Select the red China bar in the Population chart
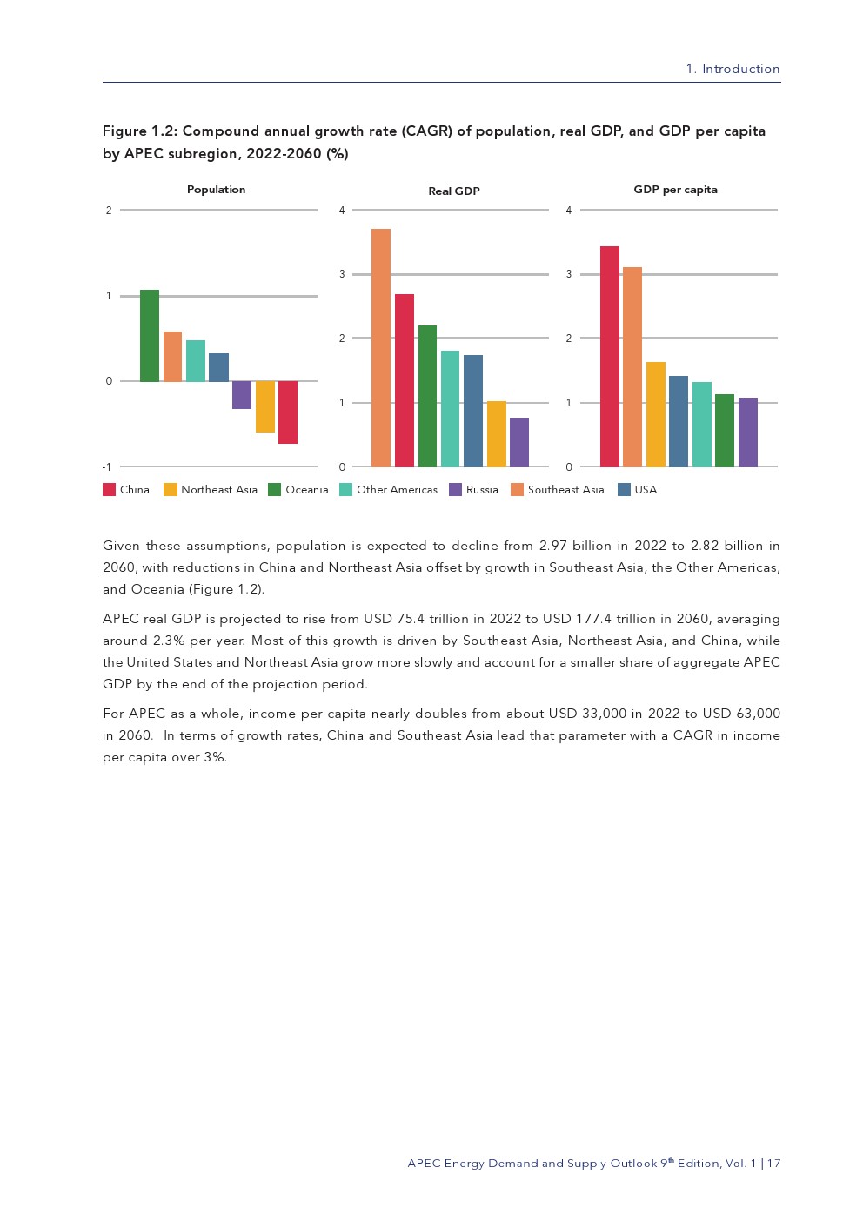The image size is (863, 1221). pos(288,413)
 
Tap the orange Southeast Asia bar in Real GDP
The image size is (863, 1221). pos(381,348)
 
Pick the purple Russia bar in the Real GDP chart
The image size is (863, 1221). pos(519,442)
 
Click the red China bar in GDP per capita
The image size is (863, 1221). pos(610,357)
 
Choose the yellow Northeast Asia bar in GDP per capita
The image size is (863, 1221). pos(656,414)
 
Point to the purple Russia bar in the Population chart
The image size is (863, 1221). pos(242,395)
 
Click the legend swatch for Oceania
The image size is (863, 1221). pos(275,490)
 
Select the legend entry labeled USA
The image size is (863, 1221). pos(646,490)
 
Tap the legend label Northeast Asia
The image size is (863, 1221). pos(219,490)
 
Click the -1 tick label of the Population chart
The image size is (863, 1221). pos(107,467)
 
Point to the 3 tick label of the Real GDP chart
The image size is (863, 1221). pos(342,274)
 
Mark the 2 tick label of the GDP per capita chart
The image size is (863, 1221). pos(569,339)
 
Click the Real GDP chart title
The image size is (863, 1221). pos(454,191)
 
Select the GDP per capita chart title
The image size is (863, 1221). pos(675,190)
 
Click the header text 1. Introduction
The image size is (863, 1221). pos(733,69)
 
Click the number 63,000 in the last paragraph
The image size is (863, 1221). pos(758,714)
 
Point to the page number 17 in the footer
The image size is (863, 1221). pos(774,1164)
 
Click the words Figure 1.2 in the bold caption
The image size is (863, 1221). pos(139,131)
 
